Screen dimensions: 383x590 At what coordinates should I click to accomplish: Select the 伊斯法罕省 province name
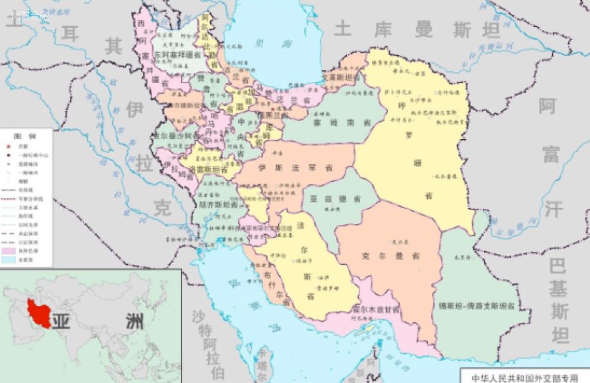point(296,168)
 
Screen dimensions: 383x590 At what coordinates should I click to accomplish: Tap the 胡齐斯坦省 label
point(218,205)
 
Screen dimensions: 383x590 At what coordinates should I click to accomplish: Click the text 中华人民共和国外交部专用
point(524,377)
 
